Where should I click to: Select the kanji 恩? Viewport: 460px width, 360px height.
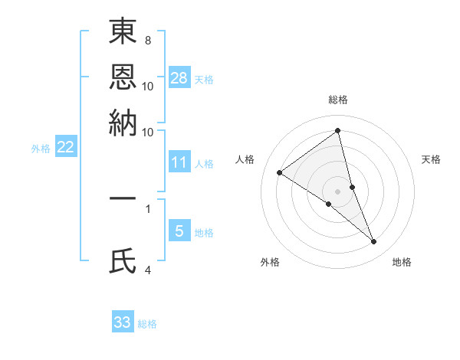pos(123,77)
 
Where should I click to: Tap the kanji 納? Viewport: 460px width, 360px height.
pos(123,123)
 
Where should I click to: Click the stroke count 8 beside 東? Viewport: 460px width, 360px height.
pos(147,40)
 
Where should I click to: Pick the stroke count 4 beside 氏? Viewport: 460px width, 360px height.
pos(148,269)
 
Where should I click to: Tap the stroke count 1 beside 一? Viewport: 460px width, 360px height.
pos(147,208)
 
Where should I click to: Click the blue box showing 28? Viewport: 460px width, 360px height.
pos(179,78)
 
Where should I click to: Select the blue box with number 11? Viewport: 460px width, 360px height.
pos(179,162)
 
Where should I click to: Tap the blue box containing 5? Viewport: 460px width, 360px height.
pos(179,231)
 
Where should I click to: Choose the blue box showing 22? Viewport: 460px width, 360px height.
pos(65,147)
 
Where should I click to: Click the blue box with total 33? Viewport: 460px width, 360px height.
pos(123,322)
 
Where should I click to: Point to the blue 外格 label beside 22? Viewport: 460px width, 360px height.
pos(41,149)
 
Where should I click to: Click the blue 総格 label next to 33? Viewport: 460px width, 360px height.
pos(147,324)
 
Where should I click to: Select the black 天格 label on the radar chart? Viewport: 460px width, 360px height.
pos(432,159)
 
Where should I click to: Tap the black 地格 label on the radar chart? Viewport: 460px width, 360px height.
pos(402,262)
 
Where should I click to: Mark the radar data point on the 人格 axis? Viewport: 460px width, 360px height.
pos(280,172)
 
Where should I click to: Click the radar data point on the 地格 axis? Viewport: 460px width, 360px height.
pos(374,241)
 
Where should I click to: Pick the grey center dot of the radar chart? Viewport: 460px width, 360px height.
pos(338,191)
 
